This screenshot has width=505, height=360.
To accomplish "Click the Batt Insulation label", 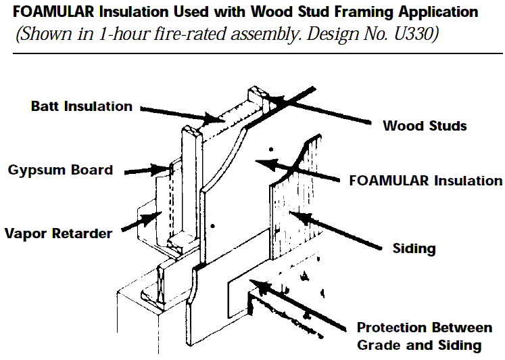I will pyautogui.click(x=82, y=106).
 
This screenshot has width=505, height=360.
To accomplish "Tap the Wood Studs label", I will pyautogui.click(x=425, y=125).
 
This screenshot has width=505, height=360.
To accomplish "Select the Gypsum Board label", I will pyautogui.click(x=60, y=169).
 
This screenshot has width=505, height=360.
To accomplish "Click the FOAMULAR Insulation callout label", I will pyautogui.click(x=425, y=181).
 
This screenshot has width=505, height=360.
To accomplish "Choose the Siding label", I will pyautogui.click(x=414, y=248).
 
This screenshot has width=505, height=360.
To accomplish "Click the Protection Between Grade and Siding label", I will pyautogui.click(x=425, y=336).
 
